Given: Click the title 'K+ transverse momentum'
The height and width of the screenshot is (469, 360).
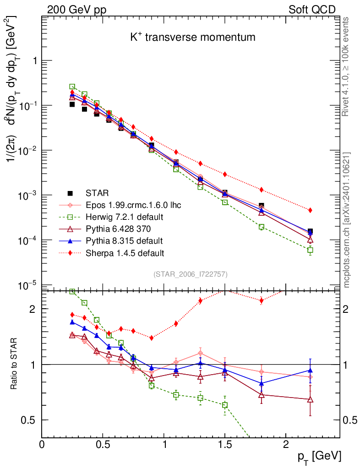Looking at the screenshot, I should coord(192,38).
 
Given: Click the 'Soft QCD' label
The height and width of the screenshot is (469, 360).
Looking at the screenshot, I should coord(312,10).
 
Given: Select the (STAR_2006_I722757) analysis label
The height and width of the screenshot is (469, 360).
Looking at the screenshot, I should coord(191,274).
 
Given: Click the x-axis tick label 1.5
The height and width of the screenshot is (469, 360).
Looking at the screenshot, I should coord(224,445).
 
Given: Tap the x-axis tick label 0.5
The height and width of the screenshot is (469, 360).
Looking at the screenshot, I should coord(103,445).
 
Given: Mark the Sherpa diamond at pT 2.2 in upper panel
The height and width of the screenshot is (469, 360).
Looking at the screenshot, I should coord(310,210).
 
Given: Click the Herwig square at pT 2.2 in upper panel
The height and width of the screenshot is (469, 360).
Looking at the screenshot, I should coord(310,250).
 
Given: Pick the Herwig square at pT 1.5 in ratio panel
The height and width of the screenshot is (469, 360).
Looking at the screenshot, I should coord(225,405).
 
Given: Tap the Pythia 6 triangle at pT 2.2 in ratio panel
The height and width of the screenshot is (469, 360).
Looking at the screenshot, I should coord(310,399).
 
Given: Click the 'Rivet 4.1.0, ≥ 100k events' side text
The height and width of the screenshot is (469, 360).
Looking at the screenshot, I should coord(346,66).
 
